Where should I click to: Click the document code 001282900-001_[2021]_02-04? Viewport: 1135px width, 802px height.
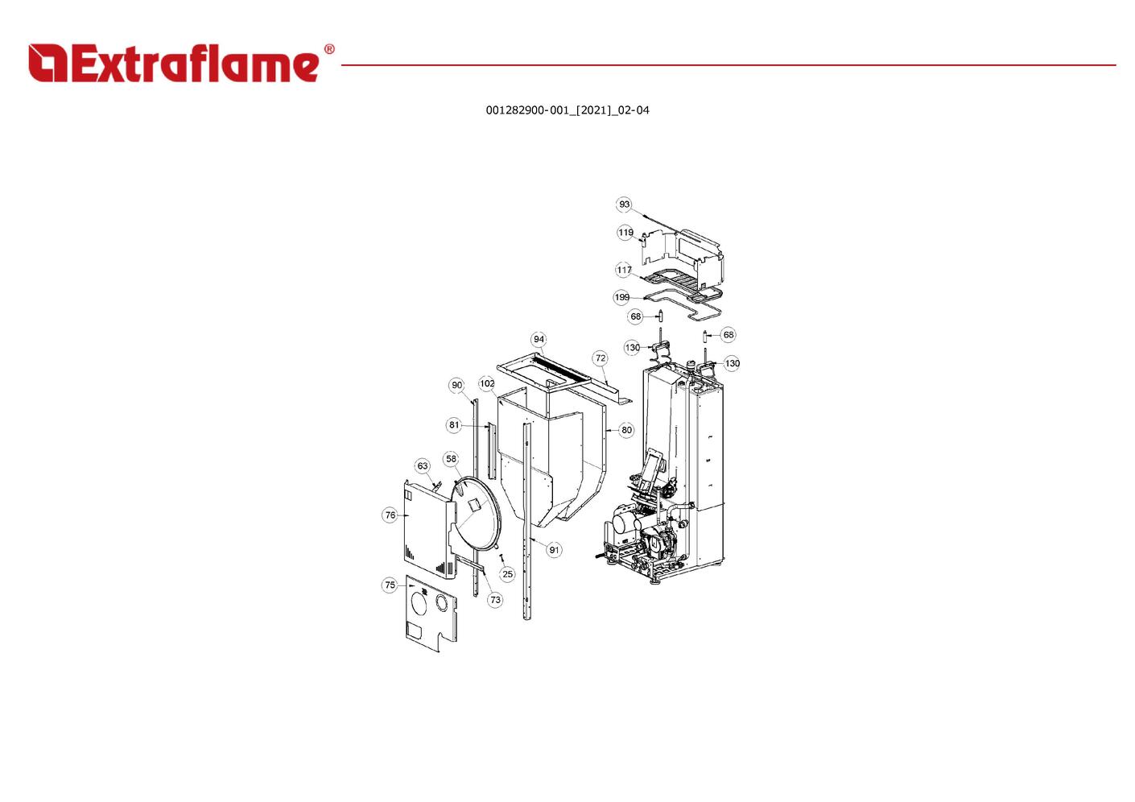(x=567, y=110)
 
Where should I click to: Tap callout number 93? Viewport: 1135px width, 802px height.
(x=625, y=205)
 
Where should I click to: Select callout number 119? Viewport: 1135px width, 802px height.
(x=625, y=233)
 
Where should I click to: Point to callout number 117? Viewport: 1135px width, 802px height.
(x=624, y=270)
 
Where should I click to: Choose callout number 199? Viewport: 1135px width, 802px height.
(x=621, y=298)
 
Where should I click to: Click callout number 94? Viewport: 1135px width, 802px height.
(x=539, y=340)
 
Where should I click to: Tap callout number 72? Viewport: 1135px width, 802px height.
(x=601, y=358)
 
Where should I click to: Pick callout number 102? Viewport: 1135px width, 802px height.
(x=487, y=384)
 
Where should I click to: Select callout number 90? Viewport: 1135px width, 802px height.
(x=457, y=385)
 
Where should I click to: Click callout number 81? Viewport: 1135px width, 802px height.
(x=454, y=425)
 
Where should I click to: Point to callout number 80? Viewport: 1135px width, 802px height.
(x=627, y=431)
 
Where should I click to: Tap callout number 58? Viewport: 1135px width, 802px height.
(x=451, y=459)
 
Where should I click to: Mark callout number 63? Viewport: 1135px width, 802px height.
(x=423, y=466)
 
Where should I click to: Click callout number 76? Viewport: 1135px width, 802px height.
(x=390, y=515)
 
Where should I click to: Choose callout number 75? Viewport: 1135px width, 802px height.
(x=390, y=585)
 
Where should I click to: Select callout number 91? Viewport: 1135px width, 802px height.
(x=555, y=550)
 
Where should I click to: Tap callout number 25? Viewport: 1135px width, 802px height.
(x=508, y=574)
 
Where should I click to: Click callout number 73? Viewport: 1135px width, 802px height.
(x=495, y=600)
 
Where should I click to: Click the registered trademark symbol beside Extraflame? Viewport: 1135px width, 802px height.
(x=329, y=49)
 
